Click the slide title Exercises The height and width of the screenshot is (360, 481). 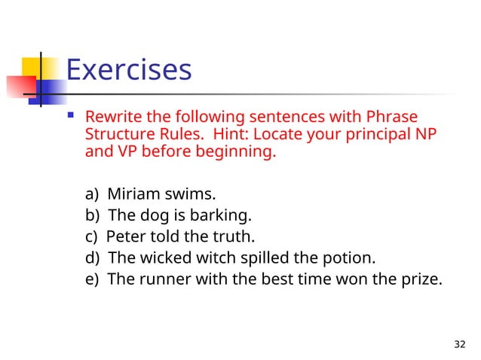(x=129, y=70)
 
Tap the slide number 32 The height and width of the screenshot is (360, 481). (x=460, y=344)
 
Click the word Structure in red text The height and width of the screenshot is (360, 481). (x=119, y=136)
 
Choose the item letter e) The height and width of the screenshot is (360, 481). (x=93, y=279)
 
